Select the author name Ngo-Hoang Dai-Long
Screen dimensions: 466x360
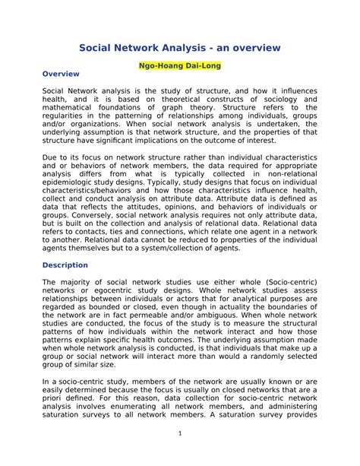[x=179, y=66]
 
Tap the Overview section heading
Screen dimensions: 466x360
[x=62, y=74]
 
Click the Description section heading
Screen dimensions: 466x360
[x=65, y=265]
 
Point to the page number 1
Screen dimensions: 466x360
[x=180, y=433]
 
